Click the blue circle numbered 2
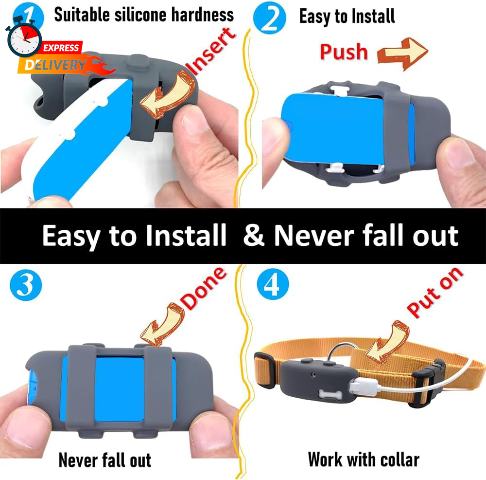269,18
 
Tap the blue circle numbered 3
26,285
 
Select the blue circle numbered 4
273,284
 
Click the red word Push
344,52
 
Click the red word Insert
210,52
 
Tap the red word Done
203,289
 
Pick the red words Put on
434,292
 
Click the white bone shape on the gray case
330,395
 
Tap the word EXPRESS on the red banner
61,48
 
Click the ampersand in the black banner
254,235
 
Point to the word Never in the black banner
314,235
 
